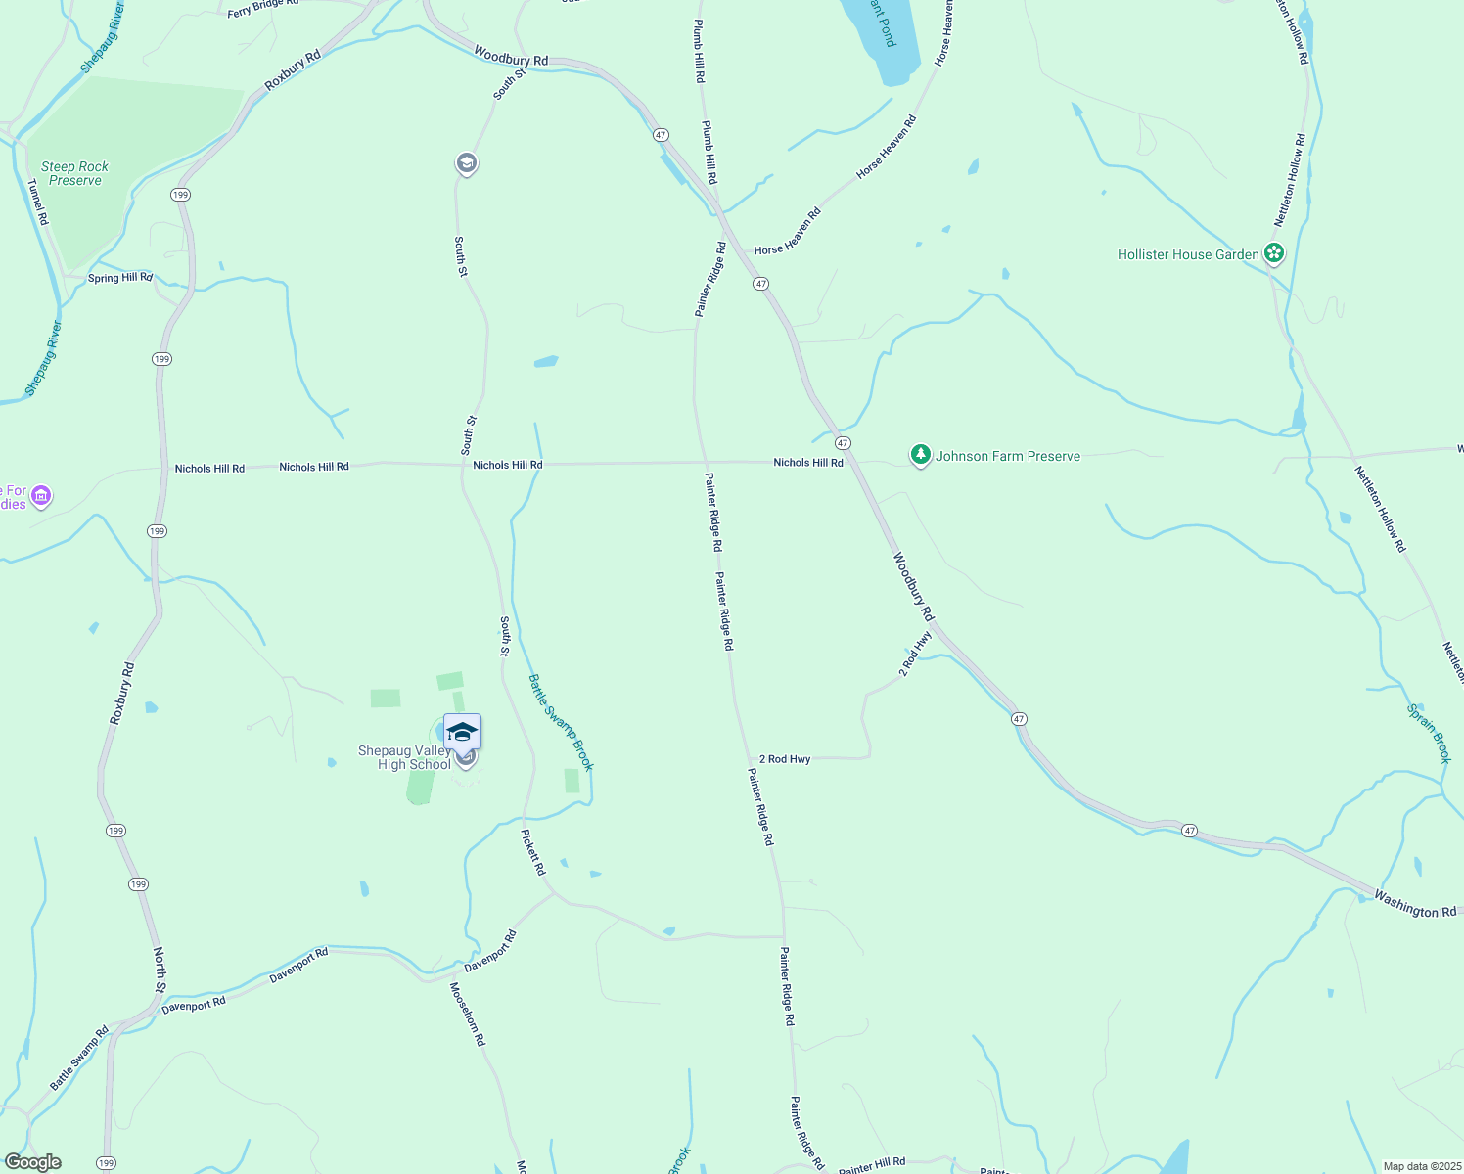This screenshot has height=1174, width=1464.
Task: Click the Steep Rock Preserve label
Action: click(x=75, y=173)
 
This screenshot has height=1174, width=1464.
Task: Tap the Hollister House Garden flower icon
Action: click(x=1273, y=254)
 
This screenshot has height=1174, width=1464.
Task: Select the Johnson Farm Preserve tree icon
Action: click(x=920, y=455)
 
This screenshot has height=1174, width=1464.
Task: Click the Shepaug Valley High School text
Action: click(x=404, y=757)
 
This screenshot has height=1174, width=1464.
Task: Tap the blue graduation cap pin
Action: click(x=462, y=732)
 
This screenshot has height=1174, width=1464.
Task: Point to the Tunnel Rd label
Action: click(x=37, y=202)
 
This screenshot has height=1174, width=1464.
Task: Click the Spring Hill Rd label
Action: click(x=120, y=278)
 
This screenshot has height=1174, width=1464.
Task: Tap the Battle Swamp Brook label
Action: click(x=561, y=722)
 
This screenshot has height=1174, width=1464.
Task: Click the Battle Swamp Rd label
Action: click(x=79, y=1059)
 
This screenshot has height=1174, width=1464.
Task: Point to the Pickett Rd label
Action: click(x=532, y=852)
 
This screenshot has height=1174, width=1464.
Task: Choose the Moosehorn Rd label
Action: click(x=467, y=1015)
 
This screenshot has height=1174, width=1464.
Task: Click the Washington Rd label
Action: click(x=1414, y=903)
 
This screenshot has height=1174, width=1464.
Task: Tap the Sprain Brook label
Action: click(x=1429, y=733)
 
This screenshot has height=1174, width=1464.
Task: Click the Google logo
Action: click(x=32, y=1162)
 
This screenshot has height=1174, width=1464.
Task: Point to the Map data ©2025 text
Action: click(x=1420, y=1166)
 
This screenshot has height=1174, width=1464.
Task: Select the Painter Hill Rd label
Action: click(x=871, y=1165)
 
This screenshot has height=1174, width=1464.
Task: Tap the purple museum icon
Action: click(x=41, y=497)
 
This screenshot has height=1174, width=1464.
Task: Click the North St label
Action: click(x=160, y=970)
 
